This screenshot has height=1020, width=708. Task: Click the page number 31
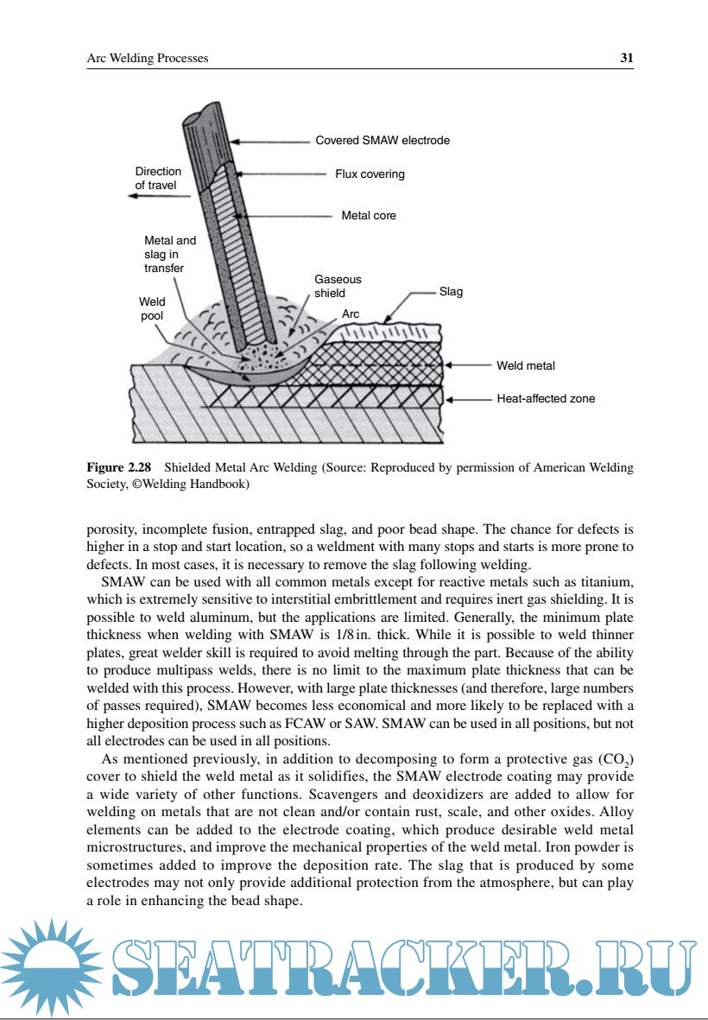[627, 59]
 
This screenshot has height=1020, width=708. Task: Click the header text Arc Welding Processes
[148, 59]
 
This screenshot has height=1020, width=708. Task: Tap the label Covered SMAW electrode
[382, 140]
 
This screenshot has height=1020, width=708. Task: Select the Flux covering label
[370, 174]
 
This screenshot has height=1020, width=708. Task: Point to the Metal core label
[369, 215]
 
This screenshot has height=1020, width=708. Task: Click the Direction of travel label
[158, 178]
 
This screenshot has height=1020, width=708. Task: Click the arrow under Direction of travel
[160, 197]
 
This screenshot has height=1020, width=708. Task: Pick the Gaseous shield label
[338, 286]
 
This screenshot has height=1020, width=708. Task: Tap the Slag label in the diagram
[451, 292]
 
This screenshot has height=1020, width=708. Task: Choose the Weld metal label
[525, 366]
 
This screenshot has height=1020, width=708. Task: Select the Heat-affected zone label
[546, 399]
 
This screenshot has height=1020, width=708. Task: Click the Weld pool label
[152, 309]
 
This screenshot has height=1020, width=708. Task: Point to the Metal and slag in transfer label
[169, 254]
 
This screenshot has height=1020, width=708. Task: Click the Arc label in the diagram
[351, 314]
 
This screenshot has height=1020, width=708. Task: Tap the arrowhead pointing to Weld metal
[450, 366]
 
